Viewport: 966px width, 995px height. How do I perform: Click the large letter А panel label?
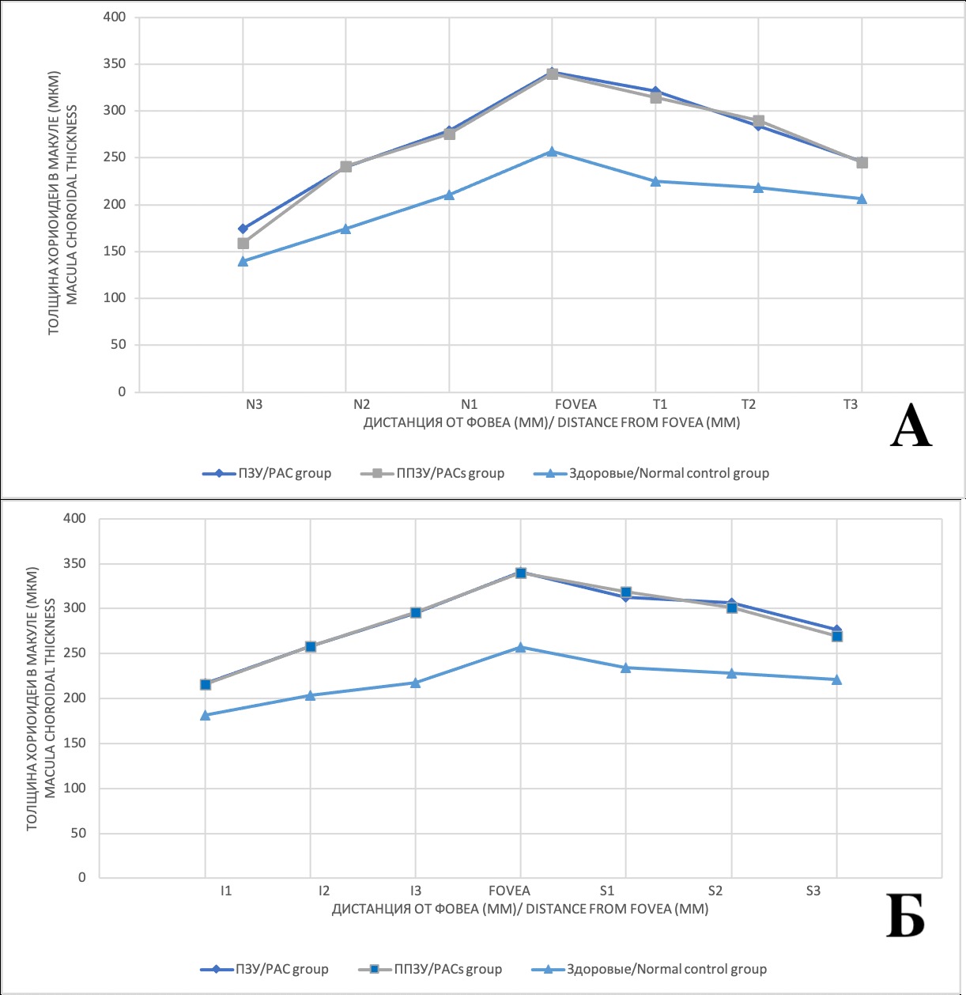coord(911,427)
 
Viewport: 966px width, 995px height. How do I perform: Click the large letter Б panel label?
coord(905,916)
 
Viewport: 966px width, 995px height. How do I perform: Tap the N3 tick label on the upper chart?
coord(254,404)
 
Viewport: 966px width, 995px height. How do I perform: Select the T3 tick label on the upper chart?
coord(850,404)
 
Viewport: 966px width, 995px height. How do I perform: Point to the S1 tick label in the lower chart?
coord(607,891)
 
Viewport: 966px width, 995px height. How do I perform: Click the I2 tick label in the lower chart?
coord(324,891)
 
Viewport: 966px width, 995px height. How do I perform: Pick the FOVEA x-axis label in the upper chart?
coord(575,404)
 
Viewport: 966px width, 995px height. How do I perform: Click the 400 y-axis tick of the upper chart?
coord(115,17)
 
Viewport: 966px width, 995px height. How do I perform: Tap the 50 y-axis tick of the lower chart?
coord(78,833)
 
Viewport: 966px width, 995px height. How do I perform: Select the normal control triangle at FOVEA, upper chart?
coord(553,151)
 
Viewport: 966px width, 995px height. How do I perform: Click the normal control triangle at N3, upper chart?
coord(243,261)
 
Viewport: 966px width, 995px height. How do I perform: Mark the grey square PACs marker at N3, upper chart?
coord(243,244)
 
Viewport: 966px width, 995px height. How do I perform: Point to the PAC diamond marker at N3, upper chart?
coord(243,229)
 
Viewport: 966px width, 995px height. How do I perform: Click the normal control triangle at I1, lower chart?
coord(206,715)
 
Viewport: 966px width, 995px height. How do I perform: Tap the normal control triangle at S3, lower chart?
coord(837,679)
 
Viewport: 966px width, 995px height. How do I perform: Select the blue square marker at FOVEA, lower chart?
coord(521,573)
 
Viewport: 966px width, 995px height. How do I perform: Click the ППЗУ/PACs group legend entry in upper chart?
coord(433,473)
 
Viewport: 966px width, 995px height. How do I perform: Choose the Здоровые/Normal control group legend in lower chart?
coord(651,969)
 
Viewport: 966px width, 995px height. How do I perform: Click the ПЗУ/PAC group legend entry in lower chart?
coord(266,969)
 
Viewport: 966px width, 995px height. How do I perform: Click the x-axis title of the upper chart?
coord(552,422)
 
